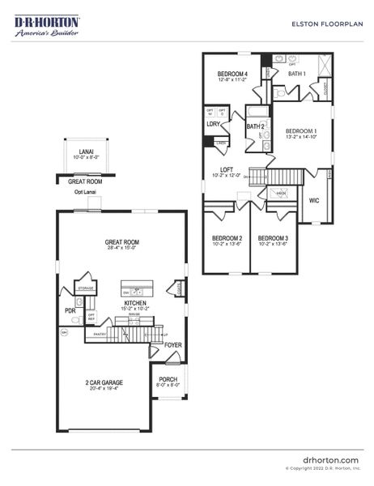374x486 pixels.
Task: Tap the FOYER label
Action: [172, 345]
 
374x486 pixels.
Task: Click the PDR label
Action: [70, 310]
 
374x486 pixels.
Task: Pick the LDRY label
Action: [214, 124]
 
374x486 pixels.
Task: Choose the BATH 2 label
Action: [256, 127]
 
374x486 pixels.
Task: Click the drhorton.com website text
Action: [330, 459]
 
